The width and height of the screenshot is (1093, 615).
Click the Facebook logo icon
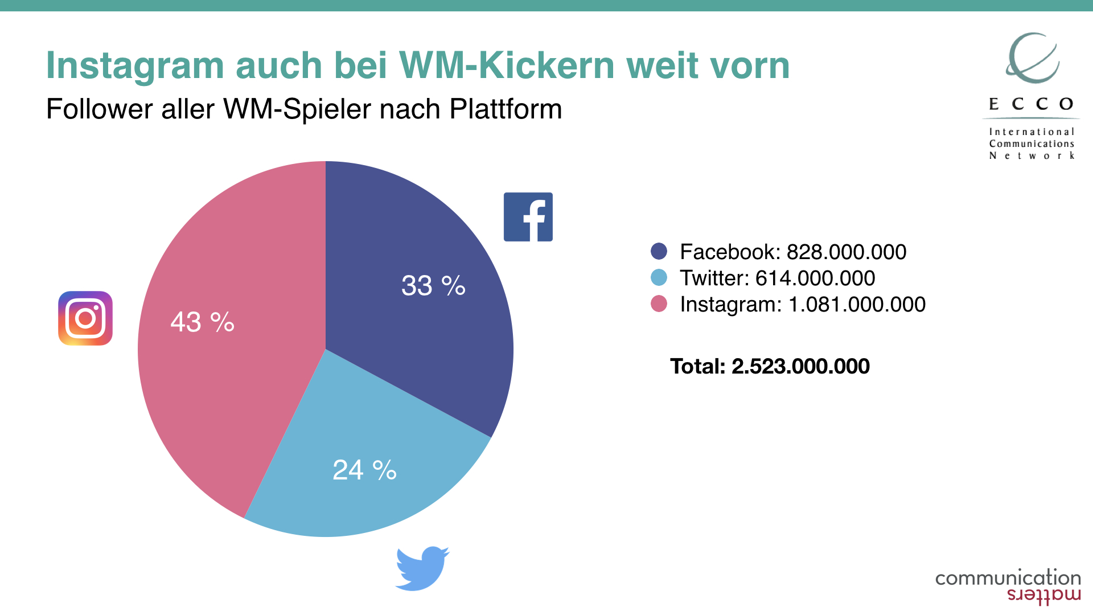pos(528,217)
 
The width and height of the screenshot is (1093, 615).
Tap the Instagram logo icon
pos(85,318)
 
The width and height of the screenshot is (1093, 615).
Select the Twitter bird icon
pos(422,568)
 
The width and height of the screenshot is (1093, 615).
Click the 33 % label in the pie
pos(433,285)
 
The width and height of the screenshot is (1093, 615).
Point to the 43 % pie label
pos(202,322)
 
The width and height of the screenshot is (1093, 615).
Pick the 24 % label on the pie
pos(364,470)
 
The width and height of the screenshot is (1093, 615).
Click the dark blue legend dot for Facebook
pos(659,251)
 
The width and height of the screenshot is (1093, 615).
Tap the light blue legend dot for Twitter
pos(659,277)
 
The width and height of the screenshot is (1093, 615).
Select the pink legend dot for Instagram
pos(659,304)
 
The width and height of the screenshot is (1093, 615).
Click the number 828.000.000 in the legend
pos(846,252)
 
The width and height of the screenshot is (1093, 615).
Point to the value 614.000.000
pos(815,278)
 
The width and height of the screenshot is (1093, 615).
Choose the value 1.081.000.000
pos(857,304)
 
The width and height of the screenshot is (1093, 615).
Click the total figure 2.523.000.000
pos(800,366)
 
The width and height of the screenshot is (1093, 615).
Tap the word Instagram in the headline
pos(135,65)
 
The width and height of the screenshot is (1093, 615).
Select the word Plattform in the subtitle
pos(506,109)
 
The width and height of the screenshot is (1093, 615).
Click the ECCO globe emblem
pos(1032,58)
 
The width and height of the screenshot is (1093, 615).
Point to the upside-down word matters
pos(1043,596)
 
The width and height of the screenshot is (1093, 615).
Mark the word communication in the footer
pos(1008,578)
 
